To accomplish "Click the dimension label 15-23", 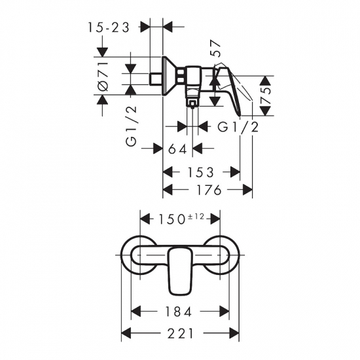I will click(112, 27).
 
